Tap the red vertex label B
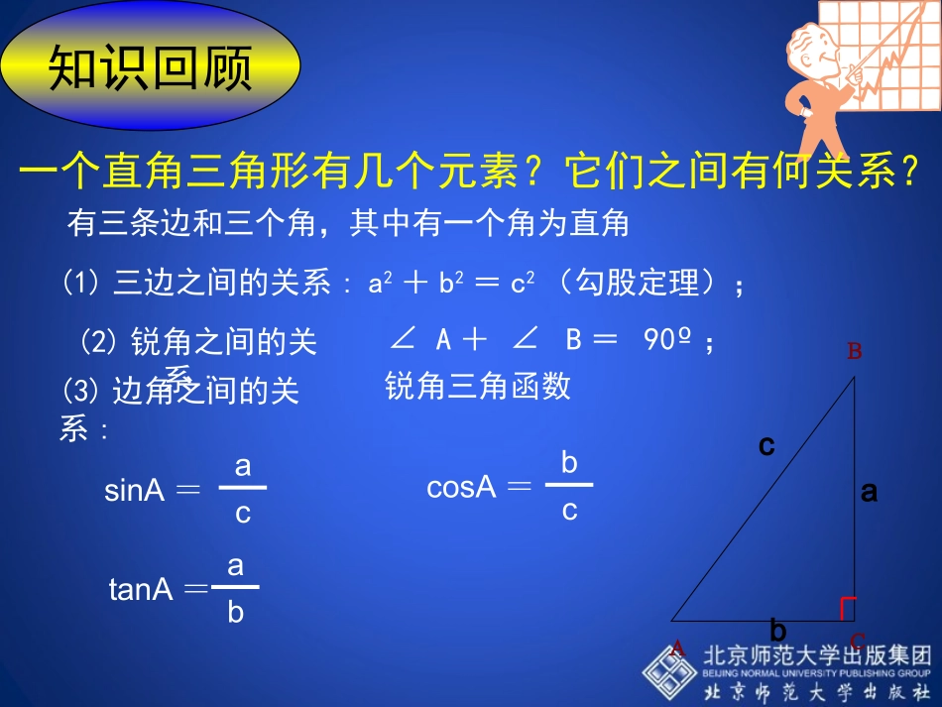coord(854,351)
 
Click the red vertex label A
coord(678,648)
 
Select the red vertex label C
coord(858,642)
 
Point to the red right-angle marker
coord(847,609)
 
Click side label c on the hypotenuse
coord(765,446)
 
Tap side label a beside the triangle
coord(870,491)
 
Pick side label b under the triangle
coord(778,631)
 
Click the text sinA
coord(134,491)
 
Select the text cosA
coord(460,488)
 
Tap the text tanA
coord(141,590)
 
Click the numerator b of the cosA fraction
coord(569,462)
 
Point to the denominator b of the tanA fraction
coord(235,613)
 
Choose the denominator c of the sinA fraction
coord(243,515)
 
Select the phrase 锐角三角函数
coord(478,386)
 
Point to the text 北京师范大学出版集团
coord(818,655)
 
